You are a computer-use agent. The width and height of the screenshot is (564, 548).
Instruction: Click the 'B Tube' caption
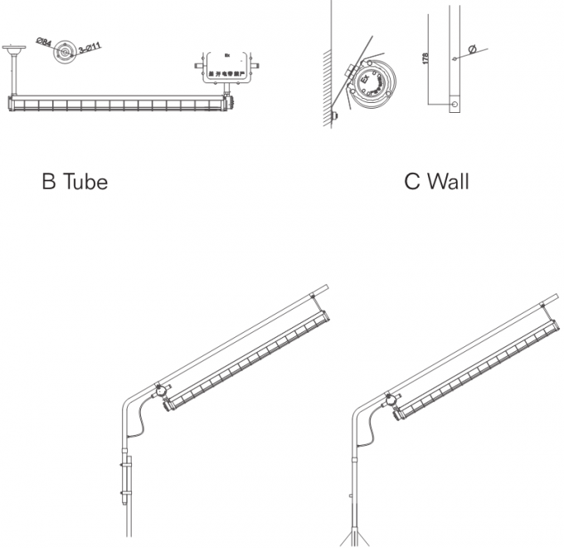click(x=75, y=181)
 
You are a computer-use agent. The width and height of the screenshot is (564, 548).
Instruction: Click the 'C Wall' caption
click(x=436, y=181)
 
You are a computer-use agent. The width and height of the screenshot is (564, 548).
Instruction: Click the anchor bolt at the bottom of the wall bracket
click(x=335, y=116)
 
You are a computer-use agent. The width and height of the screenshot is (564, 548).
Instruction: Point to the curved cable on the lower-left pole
click(x=140, y=423)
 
